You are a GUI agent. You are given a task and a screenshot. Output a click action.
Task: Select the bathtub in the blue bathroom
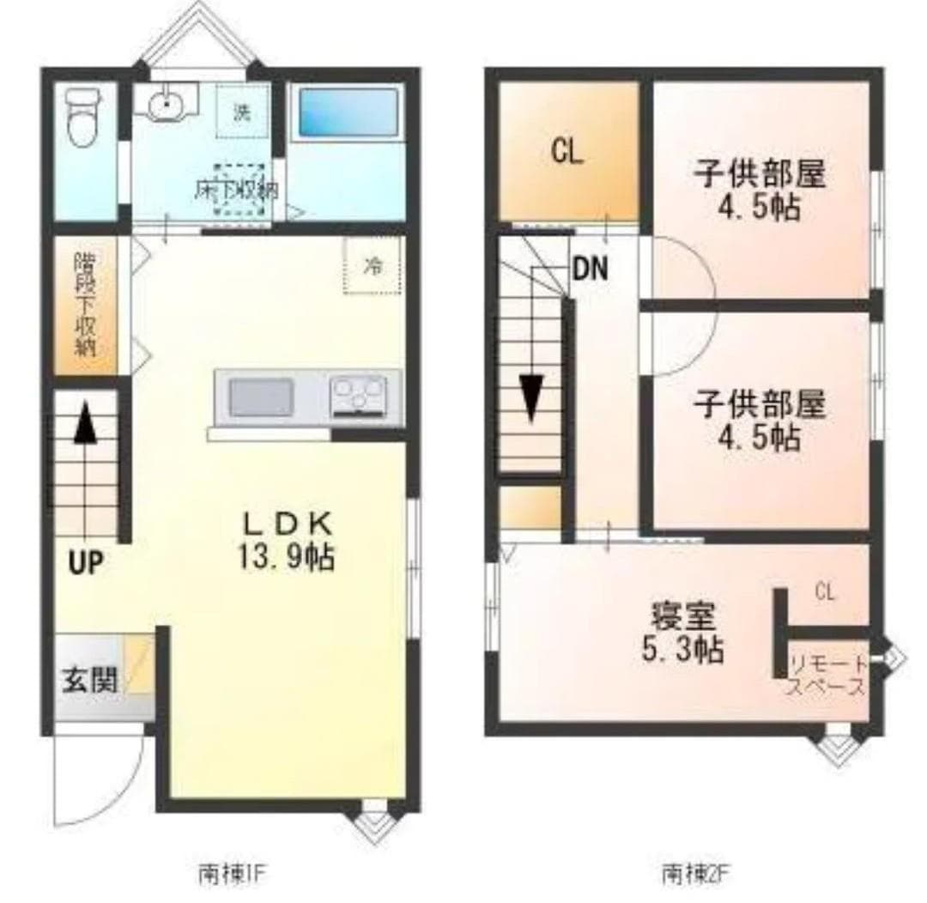click(348, 115)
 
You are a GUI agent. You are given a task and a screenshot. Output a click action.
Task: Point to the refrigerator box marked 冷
click(373, 266)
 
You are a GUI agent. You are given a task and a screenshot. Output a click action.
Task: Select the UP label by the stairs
click(86, 562)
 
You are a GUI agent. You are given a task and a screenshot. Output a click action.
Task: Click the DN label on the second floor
click(590, 270)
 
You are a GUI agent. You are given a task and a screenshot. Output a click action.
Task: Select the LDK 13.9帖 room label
click(286, 541)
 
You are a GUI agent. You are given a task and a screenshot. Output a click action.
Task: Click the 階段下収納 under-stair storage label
click(84, 305)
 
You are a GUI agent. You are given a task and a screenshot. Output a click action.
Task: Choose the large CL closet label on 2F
click(567, 153)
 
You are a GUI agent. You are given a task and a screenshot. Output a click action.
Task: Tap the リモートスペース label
click(827, 675)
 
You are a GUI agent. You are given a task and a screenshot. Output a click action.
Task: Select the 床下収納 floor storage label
click(236, 191)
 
